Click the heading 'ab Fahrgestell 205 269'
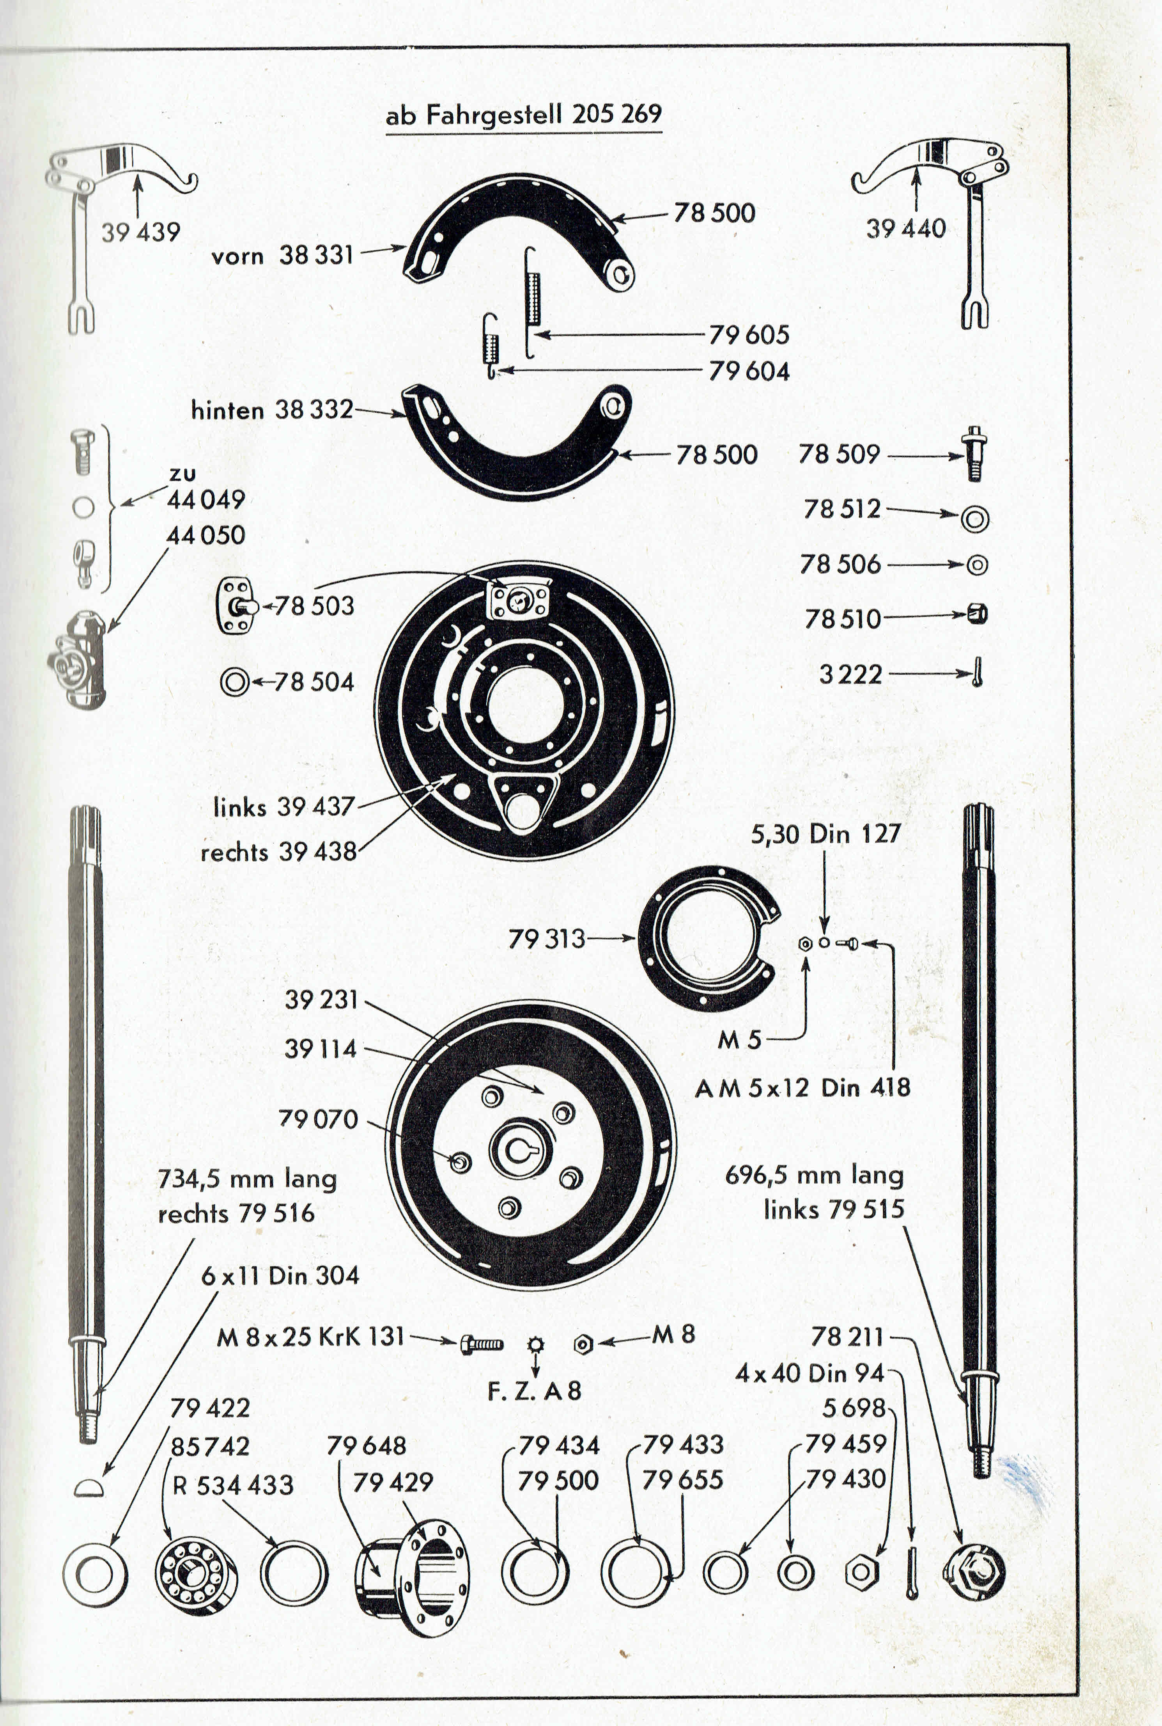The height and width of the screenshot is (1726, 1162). [523, 115]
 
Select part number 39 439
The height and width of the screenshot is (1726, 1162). [141, 232]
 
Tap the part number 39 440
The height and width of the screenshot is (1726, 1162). [905, 228]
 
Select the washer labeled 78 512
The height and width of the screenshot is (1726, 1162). [974, 518]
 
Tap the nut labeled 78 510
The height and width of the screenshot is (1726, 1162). [978, 614]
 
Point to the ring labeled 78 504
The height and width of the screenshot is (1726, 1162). [234, 681]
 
